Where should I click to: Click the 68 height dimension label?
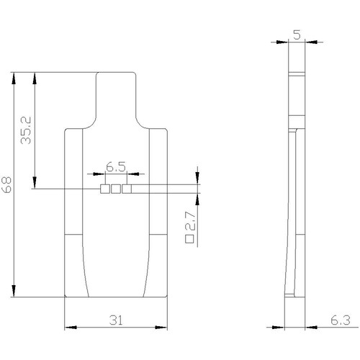coord(6,185)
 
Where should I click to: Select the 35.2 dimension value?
coord(26,130)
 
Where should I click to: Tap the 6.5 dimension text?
coord(116,167)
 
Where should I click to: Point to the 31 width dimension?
coord(116,320)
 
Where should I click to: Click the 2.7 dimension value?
coord(191,220)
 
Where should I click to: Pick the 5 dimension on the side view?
coord(297,35)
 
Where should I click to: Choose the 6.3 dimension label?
coord(341,320)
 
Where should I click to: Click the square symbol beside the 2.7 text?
coord(189,239)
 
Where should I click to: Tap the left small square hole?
coord(105,189)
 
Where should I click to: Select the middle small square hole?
coord(116,189)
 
